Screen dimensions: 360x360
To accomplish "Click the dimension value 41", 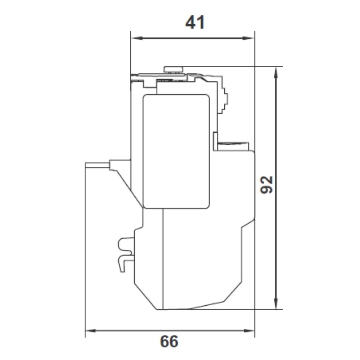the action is [195, 22].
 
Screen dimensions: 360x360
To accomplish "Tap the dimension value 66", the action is [169, 341].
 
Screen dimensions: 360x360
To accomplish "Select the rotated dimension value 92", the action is [266, 185].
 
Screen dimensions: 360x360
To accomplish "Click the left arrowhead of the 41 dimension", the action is [137, 38].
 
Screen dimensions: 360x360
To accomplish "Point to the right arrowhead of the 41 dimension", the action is [248, 38].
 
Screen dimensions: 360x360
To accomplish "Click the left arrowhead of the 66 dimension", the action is [91, 330].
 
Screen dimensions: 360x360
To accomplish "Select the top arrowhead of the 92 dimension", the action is [276, 72].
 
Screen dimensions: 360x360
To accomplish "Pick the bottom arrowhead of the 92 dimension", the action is [276, 303].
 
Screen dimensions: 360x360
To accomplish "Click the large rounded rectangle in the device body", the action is [176, 151].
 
